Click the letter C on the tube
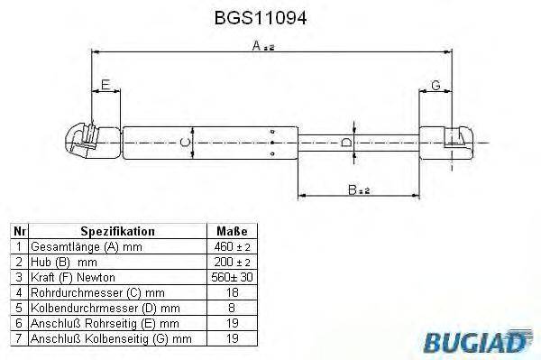[x=184, y=143]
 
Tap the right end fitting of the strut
[x=456, y=142]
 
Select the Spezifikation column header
[x=118, y=231]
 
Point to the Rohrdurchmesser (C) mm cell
[x=86, y=292]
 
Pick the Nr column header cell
[x=20, y=231]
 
